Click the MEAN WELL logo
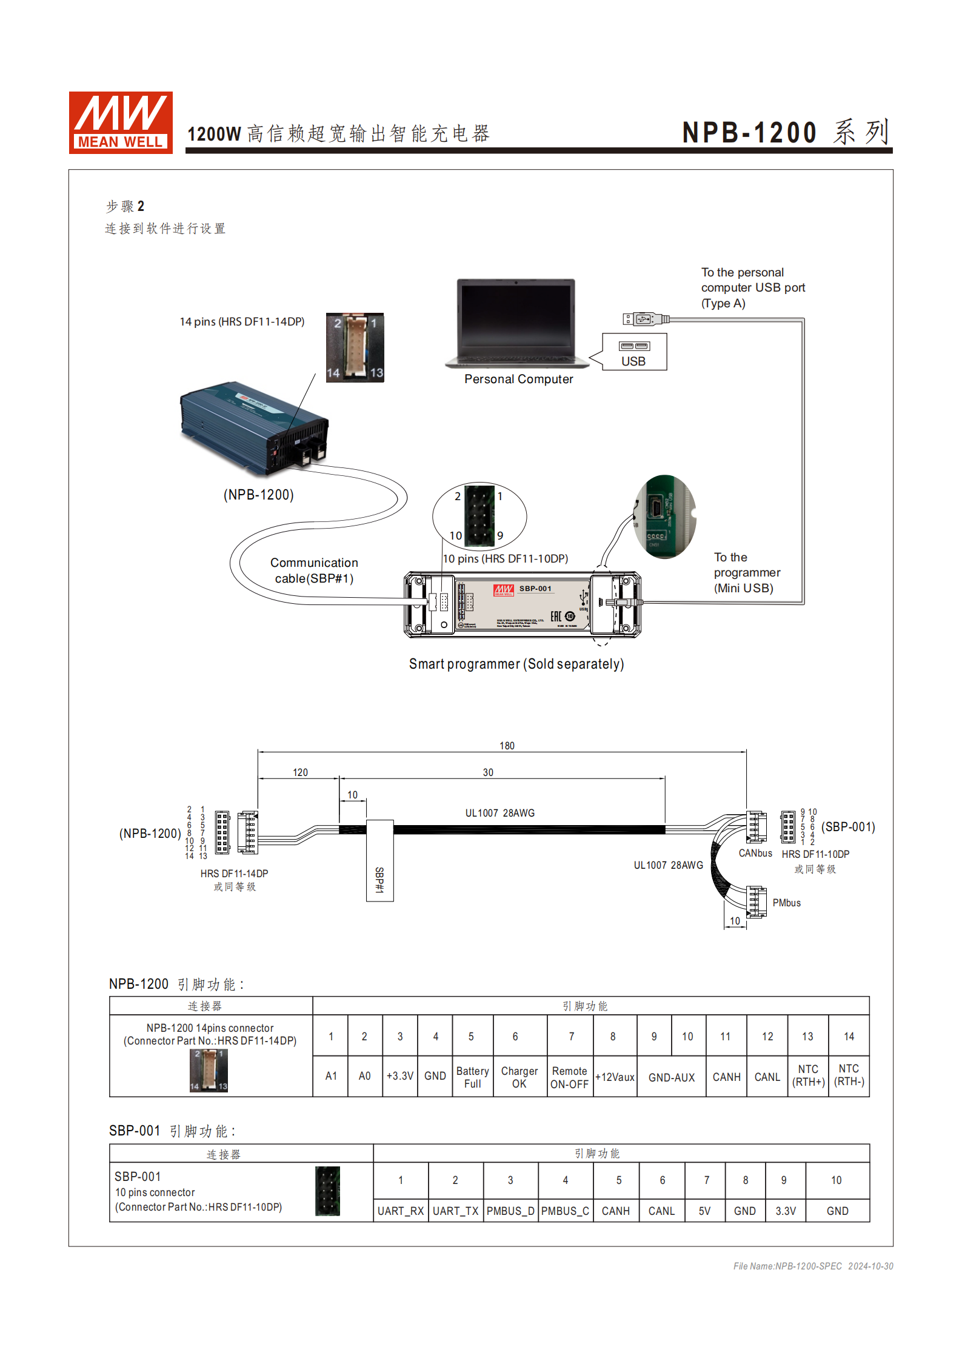(x=121, y=122)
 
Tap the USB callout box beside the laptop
(x=634, y=352)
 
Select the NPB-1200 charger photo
(x=254, y=427)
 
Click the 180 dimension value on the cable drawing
(x=507, y=746)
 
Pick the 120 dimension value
(x=300, y=772)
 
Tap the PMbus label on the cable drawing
(x=786, y=903)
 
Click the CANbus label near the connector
(x=755, y=853)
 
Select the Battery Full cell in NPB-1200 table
(x=472, y=1077)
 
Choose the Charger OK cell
(x=519, y=1077)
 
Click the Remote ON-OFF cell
(x=569, y=1077)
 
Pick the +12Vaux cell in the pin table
(x=615, y=1077)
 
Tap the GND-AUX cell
(x=672, y=1077)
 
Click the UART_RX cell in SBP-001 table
(x=401, y=1211)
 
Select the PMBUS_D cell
(x=510, y=1211)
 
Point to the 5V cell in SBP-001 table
(x=704, y=1211)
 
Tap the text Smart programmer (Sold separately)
(x=516, y=664)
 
